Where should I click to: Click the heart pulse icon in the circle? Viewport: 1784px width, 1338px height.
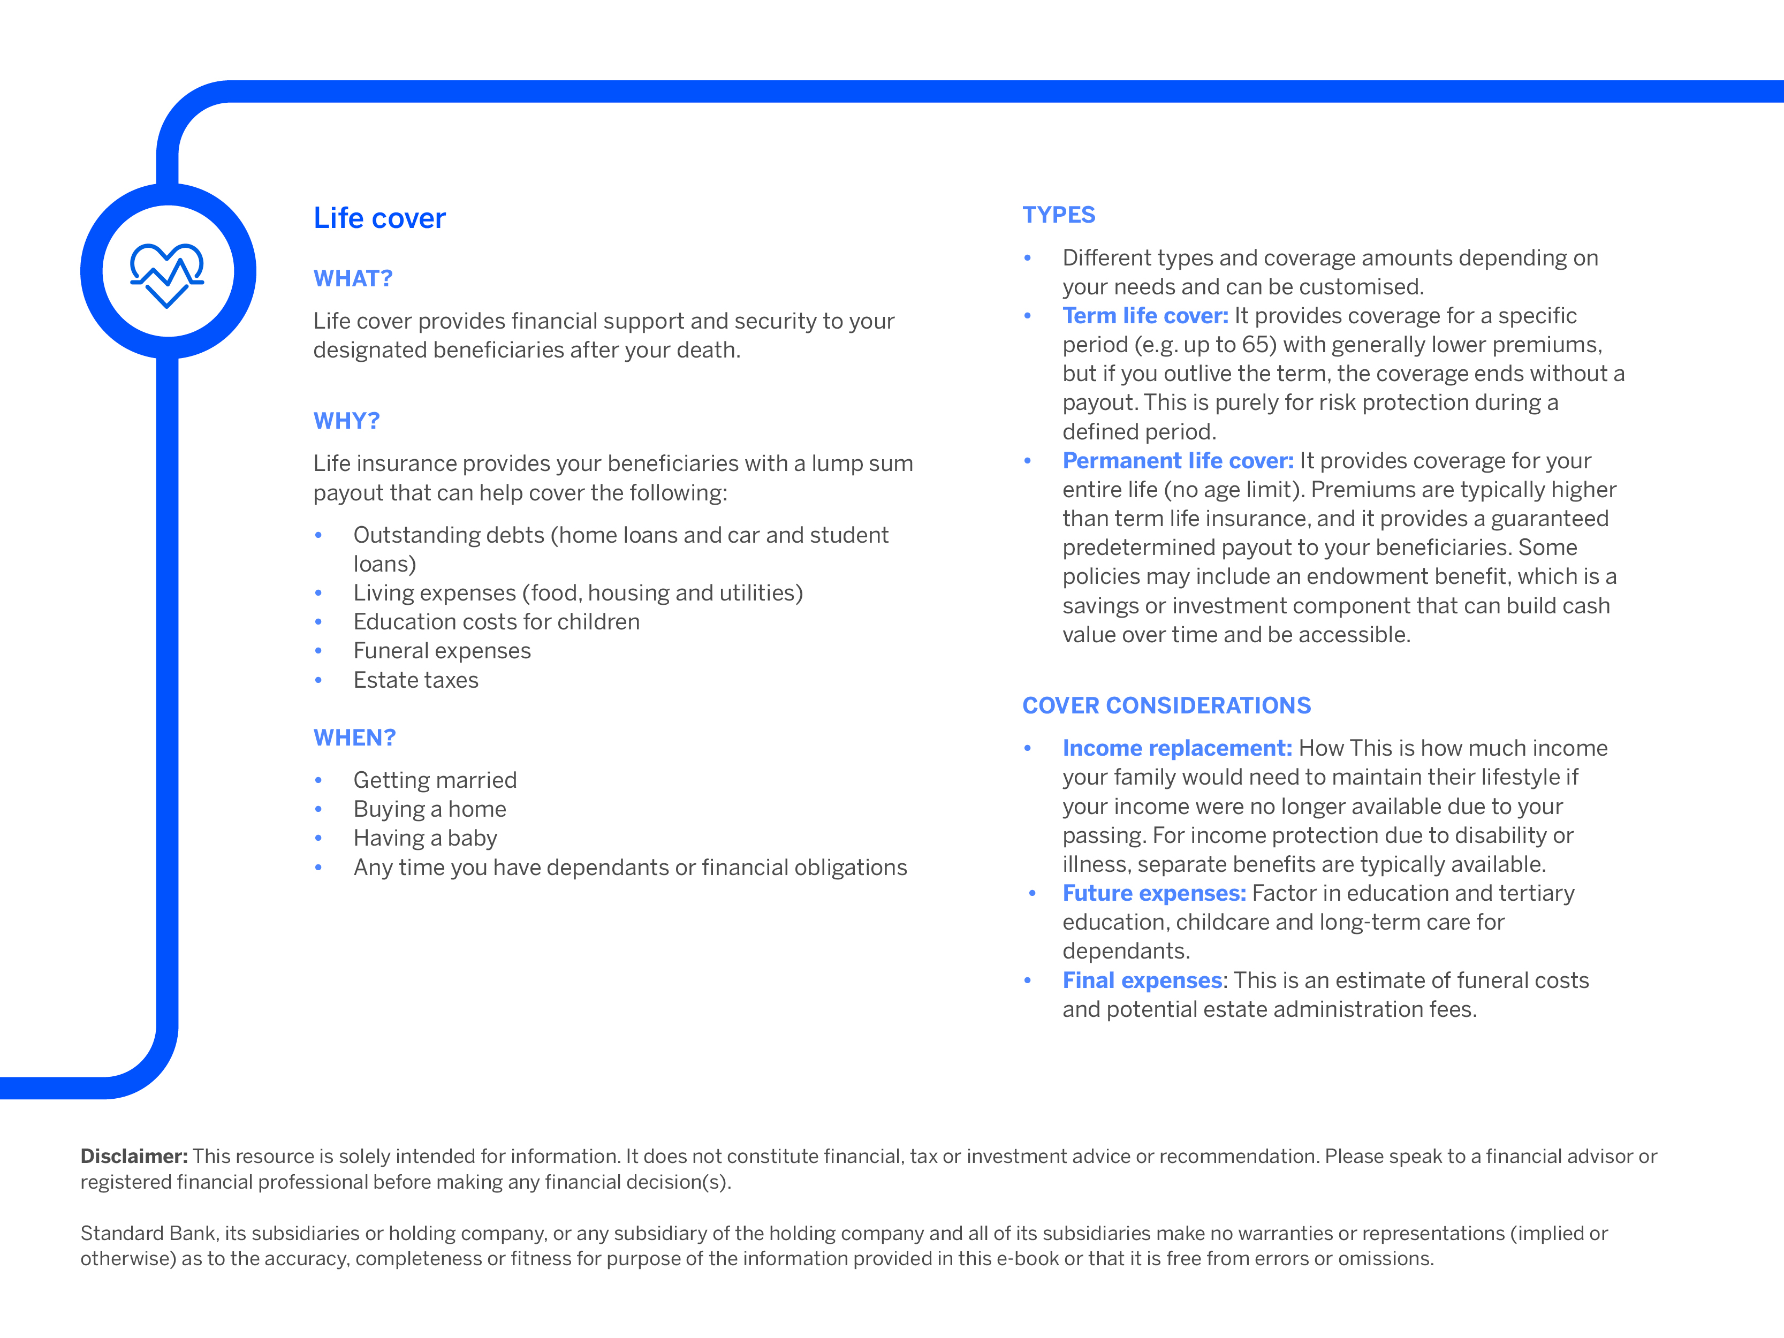pos(167,274)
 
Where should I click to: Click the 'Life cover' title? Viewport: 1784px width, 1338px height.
pos(379,218)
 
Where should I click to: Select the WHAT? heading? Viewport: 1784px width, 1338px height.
pos(352,279)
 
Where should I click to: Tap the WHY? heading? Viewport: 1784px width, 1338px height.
pos(346,421)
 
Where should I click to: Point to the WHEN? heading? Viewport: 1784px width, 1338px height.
pos(354,738)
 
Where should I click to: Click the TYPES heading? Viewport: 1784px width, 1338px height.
pos(1058,215)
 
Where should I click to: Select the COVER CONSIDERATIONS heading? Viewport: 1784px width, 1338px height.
pos(1166,706)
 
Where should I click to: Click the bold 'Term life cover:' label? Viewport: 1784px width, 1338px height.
pos(1144,316)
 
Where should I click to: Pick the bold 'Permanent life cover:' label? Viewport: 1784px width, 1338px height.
pos(1178,461)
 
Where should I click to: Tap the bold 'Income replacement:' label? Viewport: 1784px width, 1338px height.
pos(1176,748)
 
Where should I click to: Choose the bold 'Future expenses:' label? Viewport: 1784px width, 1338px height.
pos(1153,894)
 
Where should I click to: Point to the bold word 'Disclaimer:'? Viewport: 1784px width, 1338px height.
pos(134,1157)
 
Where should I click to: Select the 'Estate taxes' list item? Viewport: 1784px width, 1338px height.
pos(415,681)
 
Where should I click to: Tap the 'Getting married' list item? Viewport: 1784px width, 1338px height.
pos(435,781)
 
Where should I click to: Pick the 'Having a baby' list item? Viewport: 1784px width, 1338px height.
pos(425,839)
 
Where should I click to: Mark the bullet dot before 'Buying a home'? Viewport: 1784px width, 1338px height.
pos(318,810)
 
